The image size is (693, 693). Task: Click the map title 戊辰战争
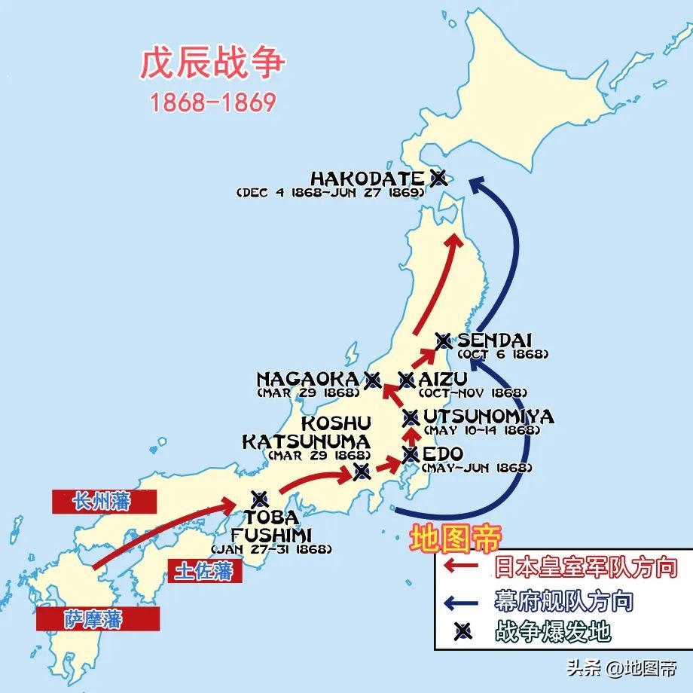pos(213,65)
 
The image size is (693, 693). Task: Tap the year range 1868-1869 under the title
pos(213,102)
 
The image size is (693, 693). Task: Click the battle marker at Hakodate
pos(438,178)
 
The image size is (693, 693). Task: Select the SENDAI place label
pos(494,340)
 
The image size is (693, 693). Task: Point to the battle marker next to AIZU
pos(407,380)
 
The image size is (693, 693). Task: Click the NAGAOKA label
pos(307,379)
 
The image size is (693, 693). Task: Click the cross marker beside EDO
pos(411,454)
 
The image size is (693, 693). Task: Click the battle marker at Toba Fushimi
pos(260,498)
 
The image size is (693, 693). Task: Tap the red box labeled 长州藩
pos(104,502)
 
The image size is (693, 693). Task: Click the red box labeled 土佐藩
pos(203,571)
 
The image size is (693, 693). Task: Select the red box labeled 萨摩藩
pos(98,619)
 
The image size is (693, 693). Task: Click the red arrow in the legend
pos(463,566)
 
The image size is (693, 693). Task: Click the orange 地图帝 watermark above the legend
pos(455,538)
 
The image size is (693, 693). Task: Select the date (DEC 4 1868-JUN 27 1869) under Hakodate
pos(329,193)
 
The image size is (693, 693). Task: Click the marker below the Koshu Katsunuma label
pos(362,472)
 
